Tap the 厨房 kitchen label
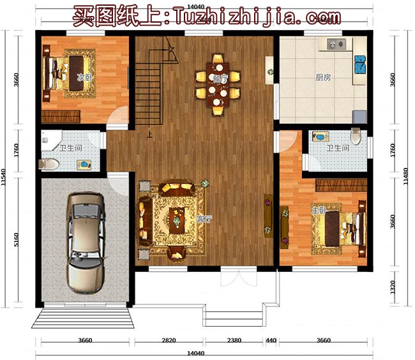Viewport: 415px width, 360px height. (323, 78)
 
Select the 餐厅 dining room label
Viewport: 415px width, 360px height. (219, 78)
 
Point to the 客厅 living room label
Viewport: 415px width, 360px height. (204, 219)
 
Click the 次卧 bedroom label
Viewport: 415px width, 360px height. (81, 78)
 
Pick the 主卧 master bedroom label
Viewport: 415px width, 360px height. (317, 210)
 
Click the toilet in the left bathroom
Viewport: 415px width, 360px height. (49, 165)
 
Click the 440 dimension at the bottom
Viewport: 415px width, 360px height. (271, 341)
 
